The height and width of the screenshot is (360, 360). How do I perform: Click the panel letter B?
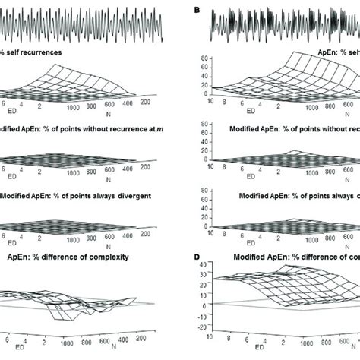click(x=198, y=10)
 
